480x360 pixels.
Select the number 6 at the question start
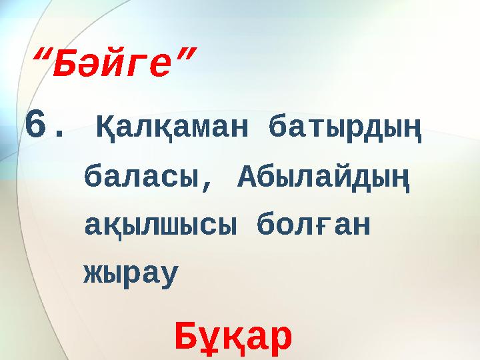pos(35,124)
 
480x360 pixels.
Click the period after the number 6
pos(61,134)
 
